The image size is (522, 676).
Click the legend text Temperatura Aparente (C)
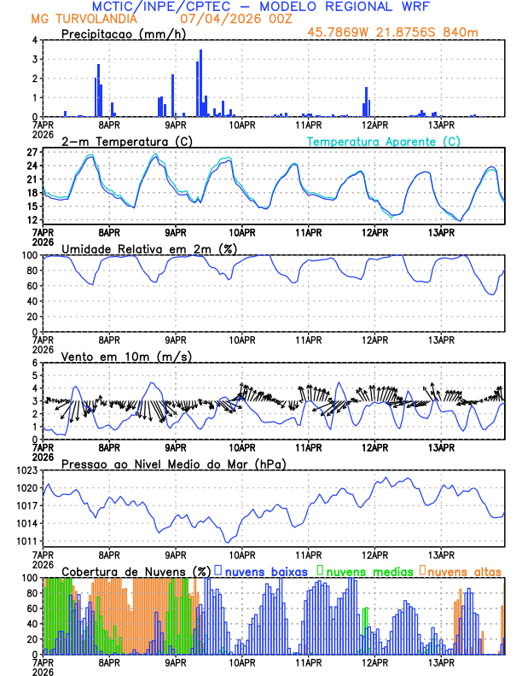point(383,141)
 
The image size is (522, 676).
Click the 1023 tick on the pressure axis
point(26,470)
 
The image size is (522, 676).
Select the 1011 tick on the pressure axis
point(26,541)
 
